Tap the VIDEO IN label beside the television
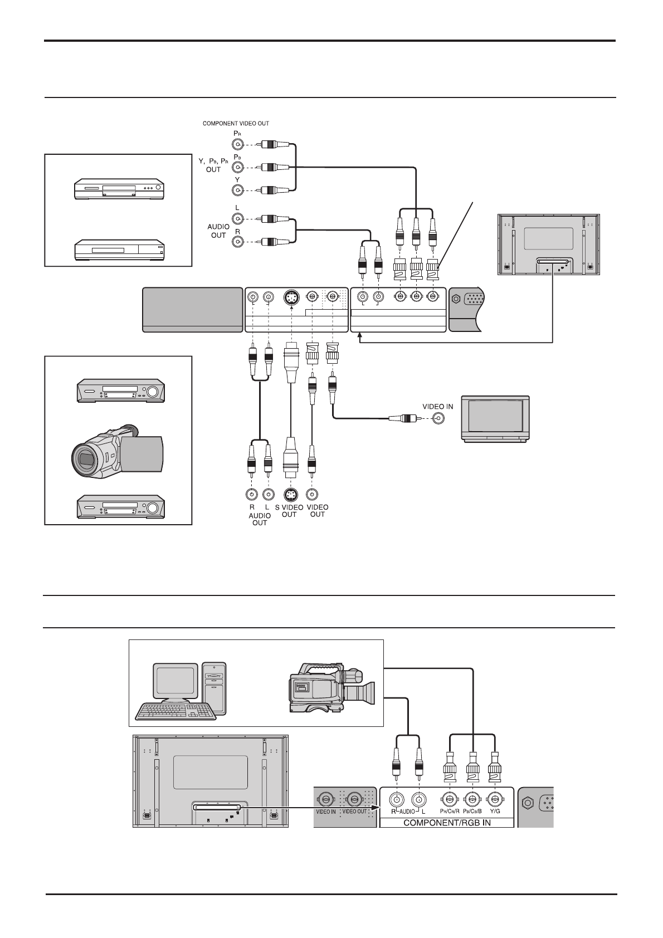click(437, 407)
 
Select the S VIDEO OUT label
click(289, 511)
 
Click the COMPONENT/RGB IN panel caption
click(447, 822)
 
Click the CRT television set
click(495, 418)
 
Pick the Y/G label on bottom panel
click(494, 812)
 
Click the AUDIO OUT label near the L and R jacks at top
click(218, 231)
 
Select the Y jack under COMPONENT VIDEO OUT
click(238, 190)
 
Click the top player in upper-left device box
click(119, 189)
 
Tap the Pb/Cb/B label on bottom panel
click(472, 812)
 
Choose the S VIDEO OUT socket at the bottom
click(289, 494)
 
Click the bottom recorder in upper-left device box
click(119, 250)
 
